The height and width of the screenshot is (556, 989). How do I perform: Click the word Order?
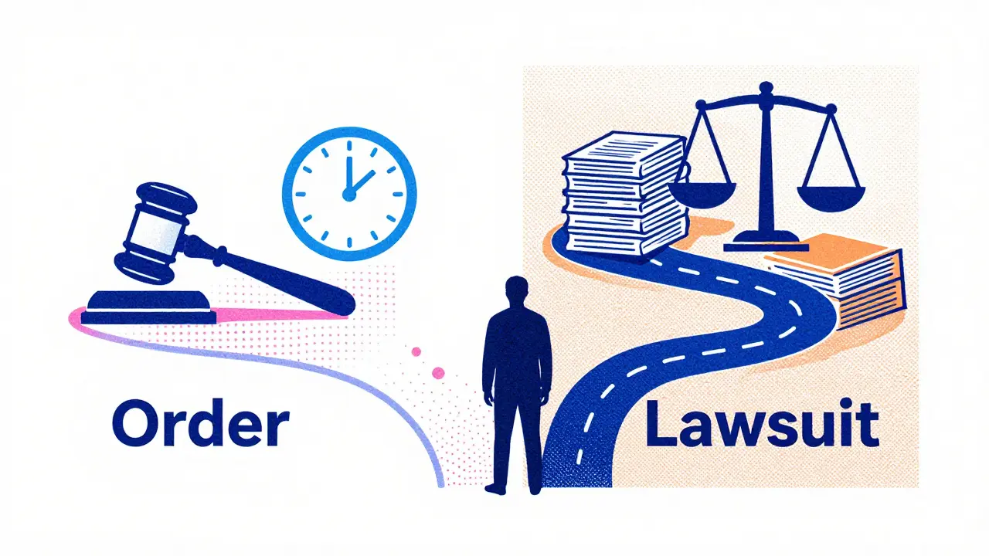tap(201, 423)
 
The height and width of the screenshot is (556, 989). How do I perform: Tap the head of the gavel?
tap(155, 232)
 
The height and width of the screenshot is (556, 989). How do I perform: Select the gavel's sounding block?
tap(149, 307)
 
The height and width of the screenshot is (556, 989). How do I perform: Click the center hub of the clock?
tap(348, 194)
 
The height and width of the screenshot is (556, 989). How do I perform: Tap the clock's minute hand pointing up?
tap(349, 174)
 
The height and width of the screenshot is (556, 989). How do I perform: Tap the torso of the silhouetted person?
tap(517, 348)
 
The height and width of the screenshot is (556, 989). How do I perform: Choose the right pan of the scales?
tap(831, 198)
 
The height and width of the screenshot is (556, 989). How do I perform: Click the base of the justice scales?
tap(766, 242)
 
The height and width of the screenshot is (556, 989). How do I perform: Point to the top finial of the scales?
tap(766, 89)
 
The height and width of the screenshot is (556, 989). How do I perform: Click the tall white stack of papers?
tap(625, 194)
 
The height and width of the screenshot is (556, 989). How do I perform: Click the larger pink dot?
tap(438, 372)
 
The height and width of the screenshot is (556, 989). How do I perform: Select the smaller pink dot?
tap(416, 351)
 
